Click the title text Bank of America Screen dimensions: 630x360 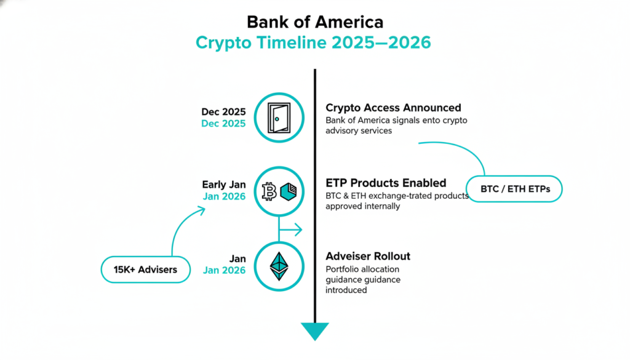(x=315, y=22)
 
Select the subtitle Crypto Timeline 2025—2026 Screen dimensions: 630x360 (x=313, y=42)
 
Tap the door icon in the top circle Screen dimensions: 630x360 (x=279, y=118)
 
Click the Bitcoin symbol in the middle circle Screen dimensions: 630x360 (x=269, y=191)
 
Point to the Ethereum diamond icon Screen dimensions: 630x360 (x=279, y=266)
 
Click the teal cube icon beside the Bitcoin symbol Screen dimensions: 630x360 (x=288, y=191)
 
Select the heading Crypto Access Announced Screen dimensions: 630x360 (x=393, y=108)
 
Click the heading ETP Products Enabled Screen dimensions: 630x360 (x=386, y=183)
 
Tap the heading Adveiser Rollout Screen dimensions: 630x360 (x=368, y=256)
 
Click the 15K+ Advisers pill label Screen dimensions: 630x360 (x=145, y=270)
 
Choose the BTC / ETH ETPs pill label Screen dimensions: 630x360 (x=514, y=189)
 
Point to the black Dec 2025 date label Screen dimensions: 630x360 (x=223, y=112)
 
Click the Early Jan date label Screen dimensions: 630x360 (x=224, y=185)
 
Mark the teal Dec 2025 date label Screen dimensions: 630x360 (x=223, y=123)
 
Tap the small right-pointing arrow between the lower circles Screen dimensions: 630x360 (x=290, y=230)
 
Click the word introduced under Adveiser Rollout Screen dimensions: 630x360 (x=346, y=290)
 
